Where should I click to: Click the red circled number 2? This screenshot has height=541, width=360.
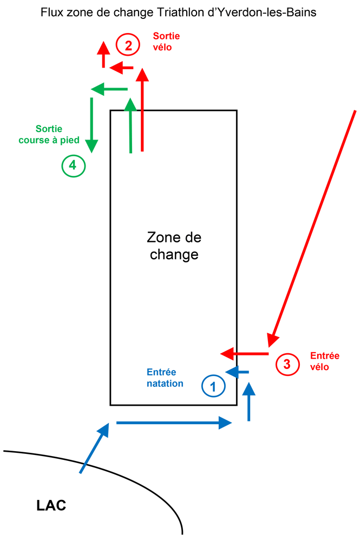(128, 45)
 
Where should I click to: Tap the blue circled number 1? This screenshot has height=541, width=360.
(213, 386)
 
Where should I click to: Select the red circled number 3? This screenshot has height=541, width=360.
(287, 364)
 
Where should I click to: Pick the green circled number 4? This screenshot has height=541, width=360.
(73, 166)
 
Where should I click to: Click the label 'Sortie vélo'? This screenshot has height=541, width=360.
(166, 41)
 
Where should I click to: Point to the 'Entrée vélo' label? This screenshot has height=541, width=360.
(325, 361)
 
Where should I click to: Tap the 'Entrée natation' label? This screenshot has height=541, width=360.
(165, 378)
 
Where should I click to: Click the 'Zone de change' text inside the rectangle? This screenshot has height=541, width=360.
(173, 246)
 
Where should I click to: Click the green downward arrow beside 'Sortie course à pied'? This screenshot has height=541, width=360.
(91, 124)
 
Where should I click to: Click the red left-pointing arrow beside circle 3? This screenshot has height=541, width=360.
(244, 354)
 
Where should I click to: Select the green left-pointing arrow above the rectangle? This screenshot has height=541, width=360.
(109, 89)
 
